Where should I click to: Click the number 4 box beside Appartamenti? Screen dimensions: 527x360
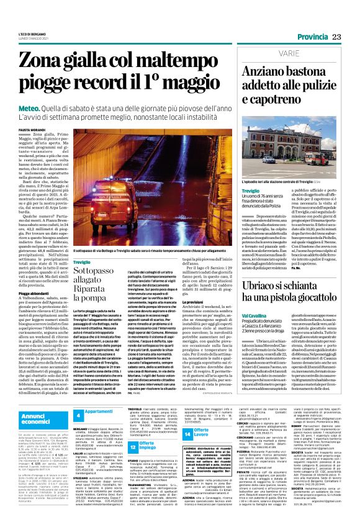pyautogui.click(x=96, y=413)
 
